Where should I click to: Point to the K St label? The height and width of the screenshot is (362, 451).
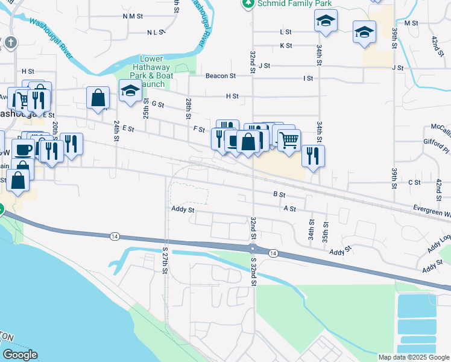(286, 45)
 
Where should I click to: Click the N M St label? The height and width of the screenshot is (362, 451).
(132, 16)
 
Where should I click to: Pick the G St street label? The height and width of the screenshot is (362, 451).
(158, 104)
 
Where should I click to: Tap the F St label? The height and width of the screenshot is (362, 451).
(199, 129)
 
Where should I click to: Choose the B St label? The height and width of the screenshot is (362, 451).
(279, 194)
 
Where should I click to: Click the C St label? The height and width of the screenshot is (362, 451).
(414, 182)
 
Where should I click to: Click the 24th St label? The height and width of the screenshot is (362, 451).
(116, 128)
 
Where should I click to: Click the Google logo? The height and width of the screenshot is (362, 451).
(19, 355)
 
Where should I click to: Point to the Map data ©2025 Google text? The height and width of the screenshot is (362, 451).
(414, 357)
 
